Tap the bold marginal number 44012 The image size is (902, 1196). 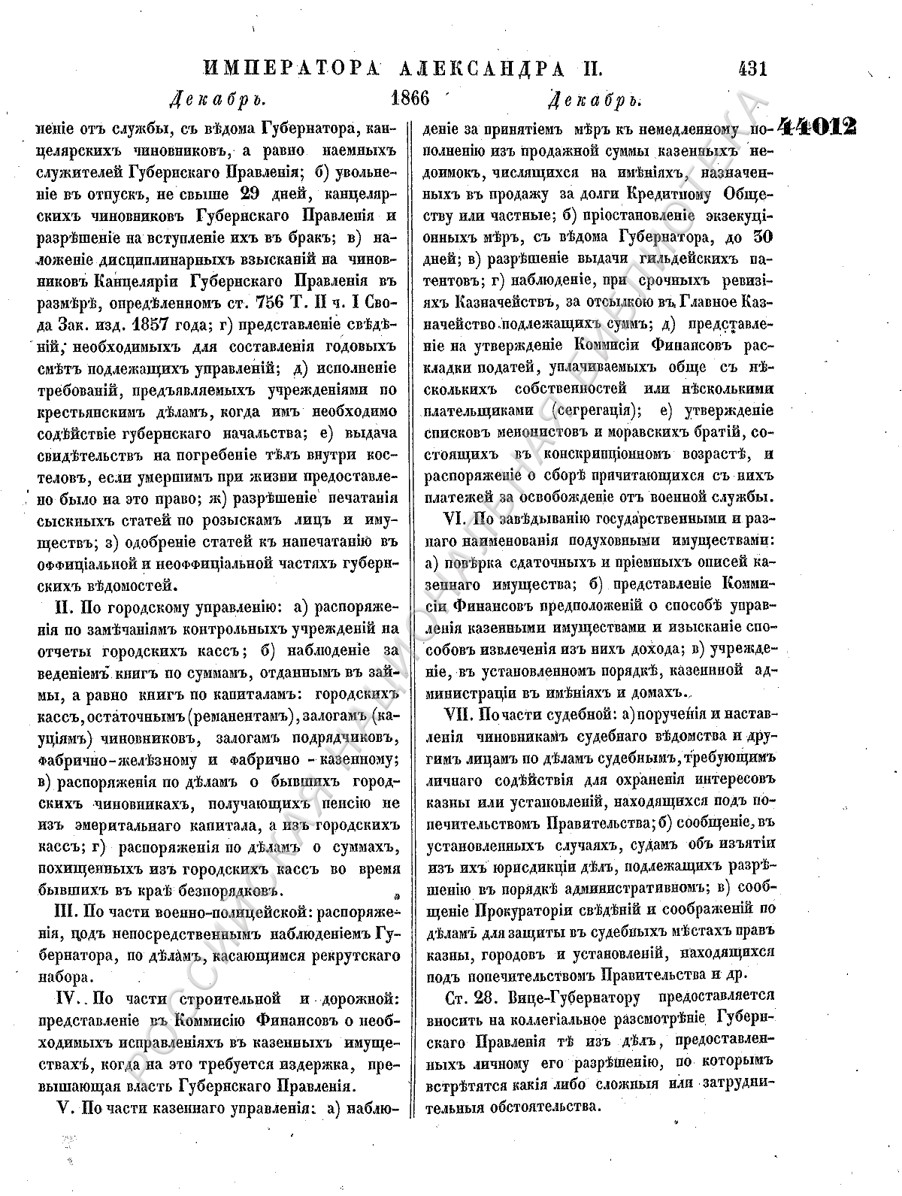coord(817,126)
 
